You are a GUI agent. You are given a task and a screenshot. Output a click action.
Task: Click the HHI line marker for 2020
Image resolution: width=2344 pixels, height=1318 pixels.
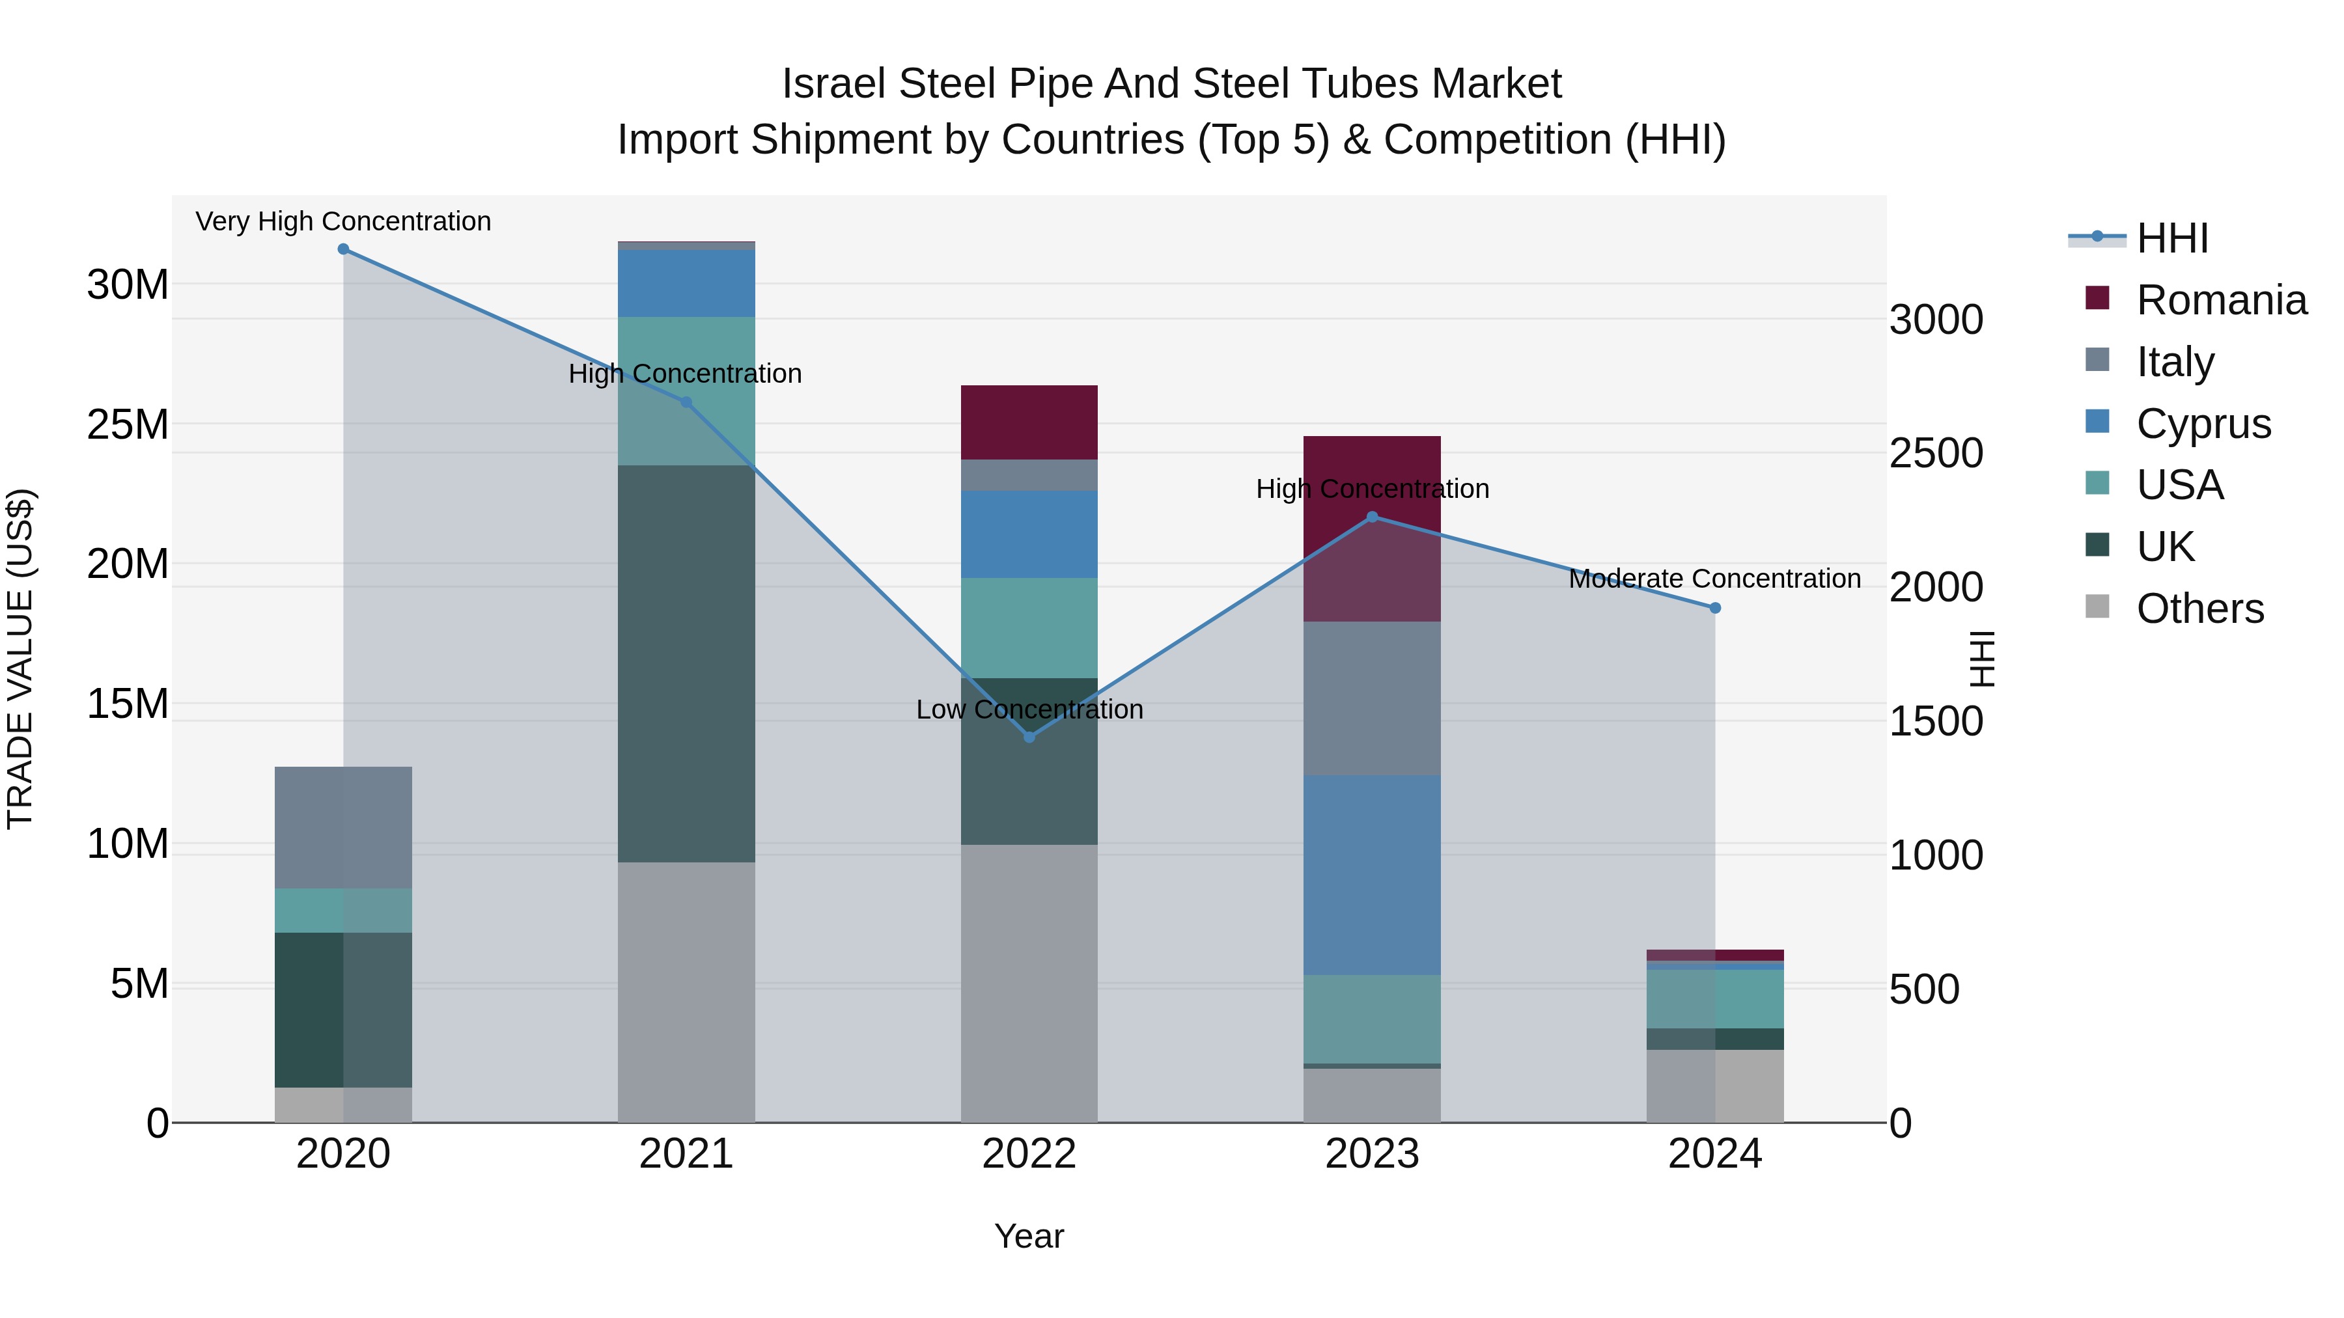click(343, 249)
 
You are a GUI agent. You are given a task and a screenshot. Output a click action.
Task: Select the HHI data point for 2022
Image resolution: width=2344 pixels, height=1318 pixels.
click(1029, 737)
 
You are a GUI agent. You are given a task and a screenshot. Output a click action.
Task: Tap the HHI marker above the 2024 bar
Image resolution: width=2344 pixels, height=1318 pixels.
click(1715, 608)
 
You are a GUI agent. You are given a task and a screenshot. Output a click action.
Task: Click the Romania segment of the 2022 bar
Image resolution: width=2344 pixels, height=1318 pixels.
click(1029, 423)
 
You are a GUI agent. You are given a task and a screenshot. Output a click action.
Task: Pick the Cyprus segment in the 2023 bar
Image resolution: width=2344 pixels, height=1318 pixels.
click(1372, 875)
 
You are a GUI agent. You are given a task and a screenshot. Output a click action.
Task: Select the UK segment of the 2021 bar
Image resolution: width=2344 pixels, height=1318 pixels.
click(686, 664)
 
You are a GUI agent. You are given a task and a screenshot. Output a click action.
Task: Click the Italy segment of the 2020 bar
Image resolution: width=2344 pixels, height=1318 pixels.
click(343, 828)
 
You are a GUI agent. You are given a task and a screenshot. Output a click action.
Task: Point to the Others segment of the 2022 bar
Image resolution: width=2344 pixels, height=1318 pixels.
click(1029, 982)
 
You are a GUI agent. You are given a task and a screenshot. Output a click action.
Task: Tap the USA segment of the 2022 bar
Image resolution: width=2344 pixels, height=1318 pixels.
click(1029, 627)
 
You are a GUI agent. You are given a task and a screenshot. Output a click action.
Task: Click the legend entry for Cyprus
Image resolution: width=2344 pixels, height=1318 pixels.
click(2203, 424)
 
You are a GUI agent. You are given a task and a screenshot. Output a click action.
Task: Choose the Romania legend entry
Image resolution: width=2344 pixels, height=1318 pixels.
click(2221, 300)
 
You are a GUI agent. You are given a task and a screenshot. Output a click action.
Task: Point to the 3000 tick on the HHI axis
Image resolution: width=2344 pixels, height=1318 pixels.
click(1936, 320)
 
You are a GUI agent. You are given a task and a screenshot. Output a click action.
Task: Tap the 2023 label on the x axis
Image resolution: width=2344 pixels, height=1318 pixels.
click(1372, 1154)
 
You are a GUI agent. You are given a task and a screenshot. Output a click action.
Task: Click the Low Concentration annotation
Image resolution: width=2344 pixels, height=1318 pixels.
click(1029, 709)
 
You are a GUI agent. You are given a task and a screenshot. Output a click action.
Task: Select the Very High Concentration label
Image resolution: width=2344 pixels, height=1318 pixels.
click(343, 221)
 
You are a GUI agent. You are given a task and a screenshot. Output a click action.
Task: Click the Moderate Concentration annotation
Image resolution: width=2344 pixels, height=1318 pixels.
click(1714, 579)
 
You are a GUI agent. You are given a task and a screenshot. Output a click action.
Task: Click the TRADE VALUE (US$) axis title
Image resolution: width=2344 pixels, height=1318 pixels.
click(20, 659)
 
